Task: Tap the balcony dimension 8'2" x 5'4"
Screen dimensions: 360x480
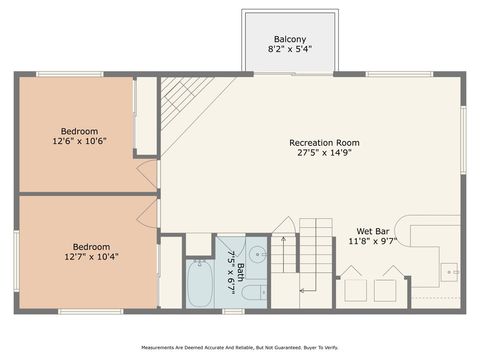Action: [290, 49]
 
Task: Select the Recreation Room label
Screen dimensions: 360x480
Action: [324, 143]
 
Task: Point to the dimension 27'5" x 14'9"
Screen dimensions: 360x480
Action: [324, 153]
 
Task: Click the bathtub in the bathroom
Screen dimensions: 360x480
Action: [200, 283]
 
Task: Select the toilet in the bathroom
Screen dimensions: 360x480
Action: [255, 292]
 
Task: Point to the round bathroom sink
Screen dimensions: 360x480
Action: [257, 253]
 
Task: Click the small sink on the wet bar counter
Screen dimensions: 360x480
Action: [449, 270]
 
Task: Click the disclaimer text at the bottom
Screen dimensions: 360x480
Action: [239, 347]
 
